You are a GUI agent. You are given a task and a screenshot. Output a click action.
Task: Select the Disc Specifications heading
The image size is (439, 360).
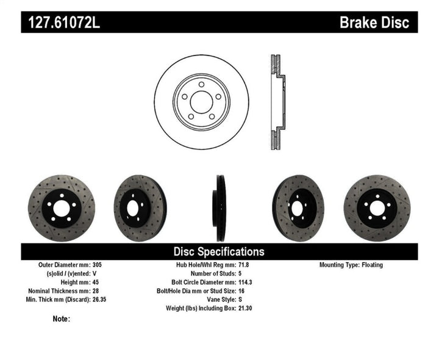[219, 251]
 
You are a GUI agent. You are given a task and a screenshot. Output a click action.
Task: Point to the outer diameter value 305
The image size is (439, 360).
[97, 265]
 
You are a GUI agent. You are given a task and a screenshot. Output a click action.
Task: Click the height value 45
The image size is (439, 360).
[95, 283]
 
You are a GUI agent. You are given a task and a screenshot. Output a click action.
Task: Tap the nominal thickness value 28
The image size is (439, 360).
[95, 291]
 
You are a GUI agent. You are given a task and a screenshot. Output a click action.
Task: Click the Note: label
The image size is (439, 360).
[62, 319]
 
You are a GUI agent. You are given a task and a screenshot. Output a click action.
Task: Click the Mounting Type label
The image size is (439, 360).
[343, 265]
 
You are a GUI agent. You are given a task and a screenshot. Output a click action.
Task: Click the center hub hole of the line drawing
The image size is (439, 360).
[201, 101]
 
